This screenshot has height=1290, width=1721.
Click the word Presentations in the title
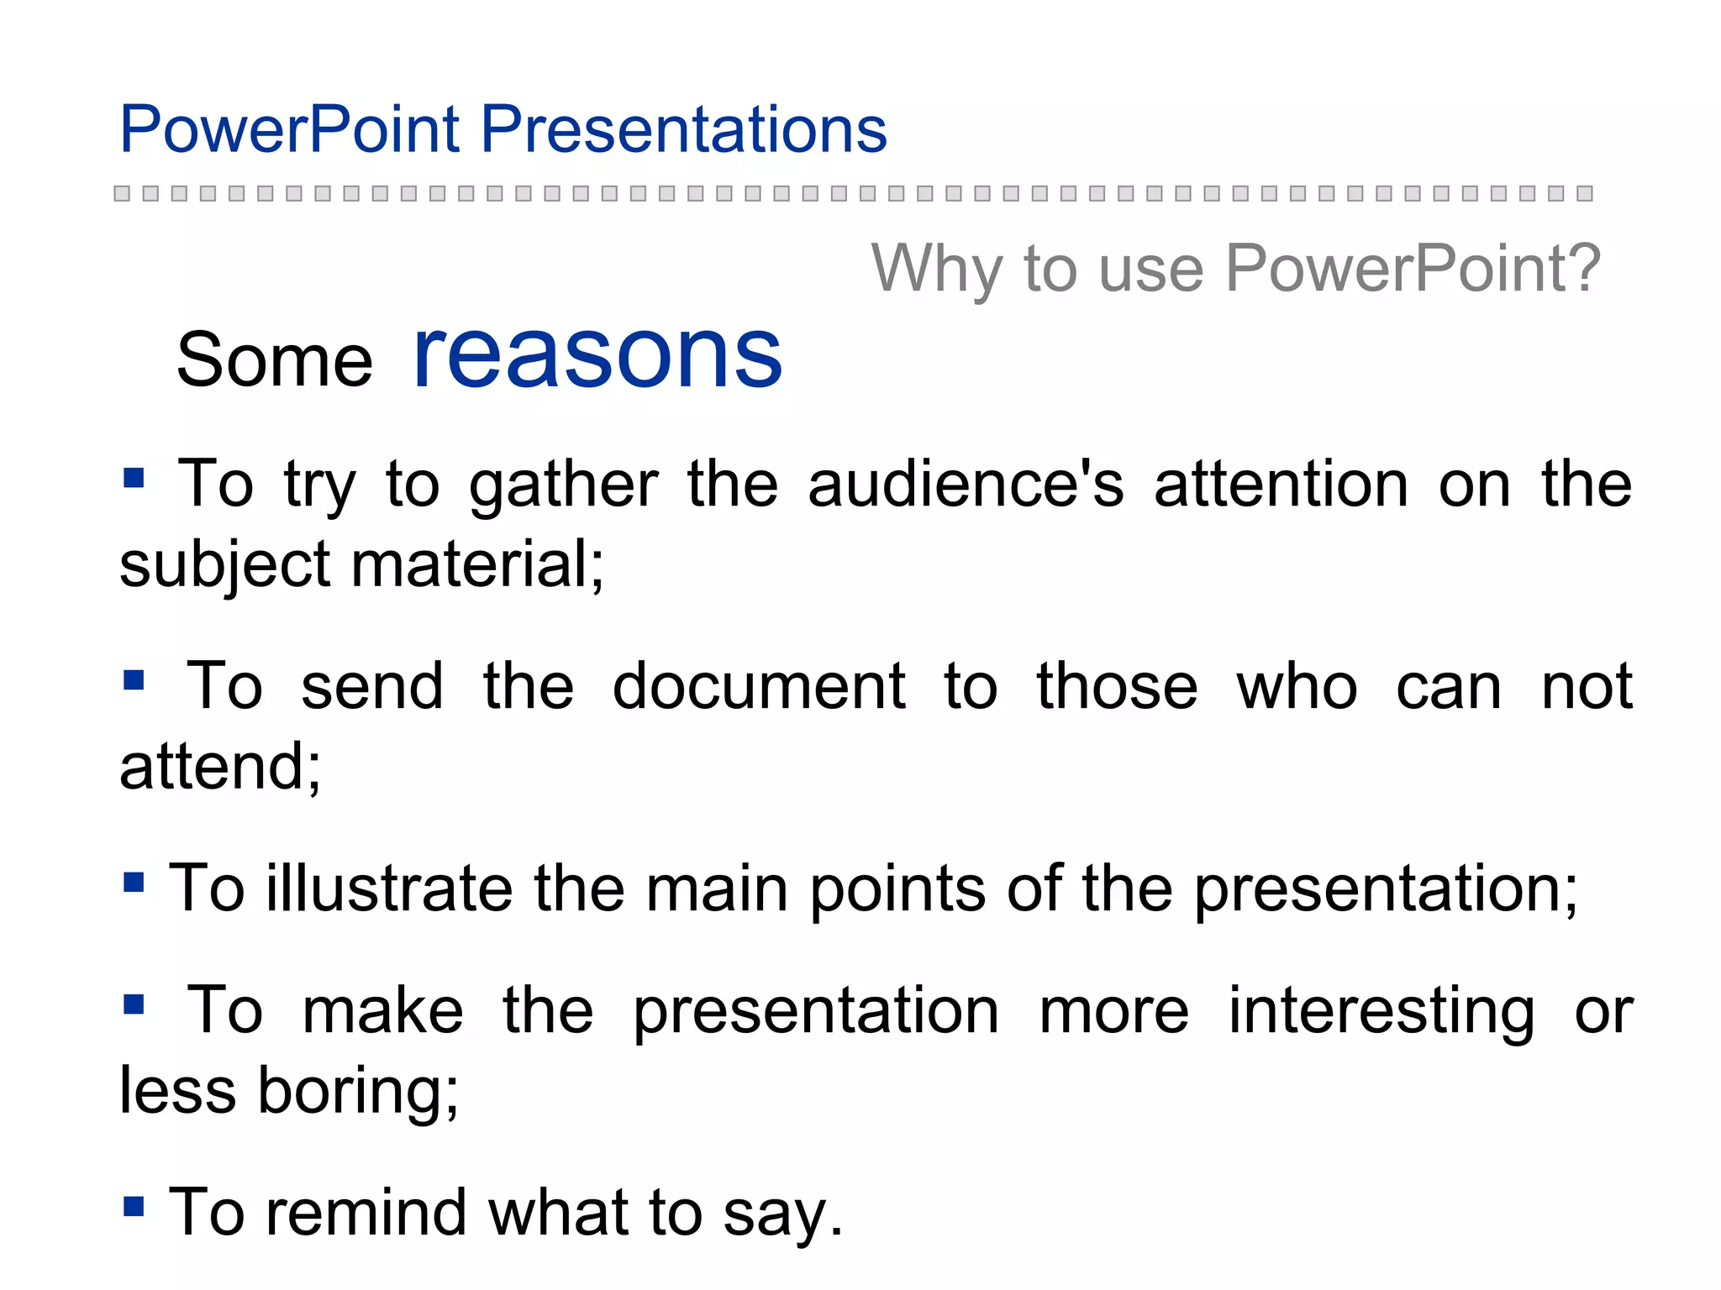pyautogui.click(x=683, y=129)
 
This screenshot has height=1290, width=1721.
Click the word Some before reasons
pyautogui.click(x=274, y=360)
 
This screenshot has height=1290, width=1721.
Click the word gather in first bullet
pyautogui.click(x=563, y=487)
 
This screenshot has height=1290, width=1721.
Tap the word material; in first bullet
pyautogui.click(x=477, y=564)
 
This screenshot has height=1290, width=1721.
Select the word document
pyautogui.click(x=758, y=686)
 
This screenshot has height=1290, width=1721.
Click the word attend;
pyautogui.click(x=220, y=767)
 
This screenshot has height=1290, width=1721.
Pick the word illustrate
pyautogui.click(x=389, y=889)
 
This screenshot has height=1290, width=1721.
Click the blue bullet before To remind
pyautogui.click(x=134, y=1207)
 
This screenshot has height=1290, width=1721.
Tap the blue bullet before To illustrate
pyautogui.click(x=134, y=883)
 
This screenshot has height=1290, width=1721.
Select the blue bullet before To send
pyautogui.click(x=134, y=679)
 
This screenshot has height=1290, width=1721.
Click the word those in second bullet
pyautogui.click(x=1116, y=686)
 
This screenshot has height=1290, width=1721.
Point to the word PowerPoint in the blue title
pyautogui.click(x=289, y=129)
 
